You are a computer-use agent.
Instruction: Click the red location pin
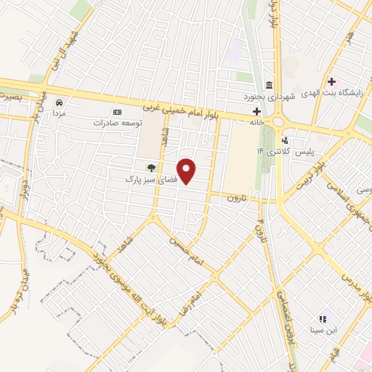pyautogui.click(x=187, y=171)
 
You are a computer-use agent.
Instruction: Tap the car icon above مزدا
pyautogui.click(x=58, y=103)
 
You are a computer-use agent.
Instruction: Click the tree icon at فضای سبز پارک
pyautogui.click(x=152, y=168)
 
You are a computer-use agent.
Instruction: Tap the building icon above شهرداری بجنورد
pyautogui.click(x=270, y=84)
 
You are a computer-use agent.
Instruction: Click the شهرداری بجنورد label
pyautogui.click(x=270, y=96)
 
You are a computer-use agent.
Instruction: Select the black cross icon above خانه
pyautogui.click(x=256, y=111)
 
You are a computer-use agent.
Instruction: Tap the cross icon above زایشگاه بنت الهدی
pyautogui.click(x=332, y=81)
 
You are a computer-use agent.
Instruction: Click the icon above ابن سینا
pyautogui.click(x=323, y=318)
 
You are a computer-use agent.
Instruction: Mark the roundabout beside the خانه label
pyautogui.click(x=278, y=120)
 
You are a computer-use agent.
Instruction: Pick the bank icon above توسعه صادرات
pyautogui.click(x=118, y=112)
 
